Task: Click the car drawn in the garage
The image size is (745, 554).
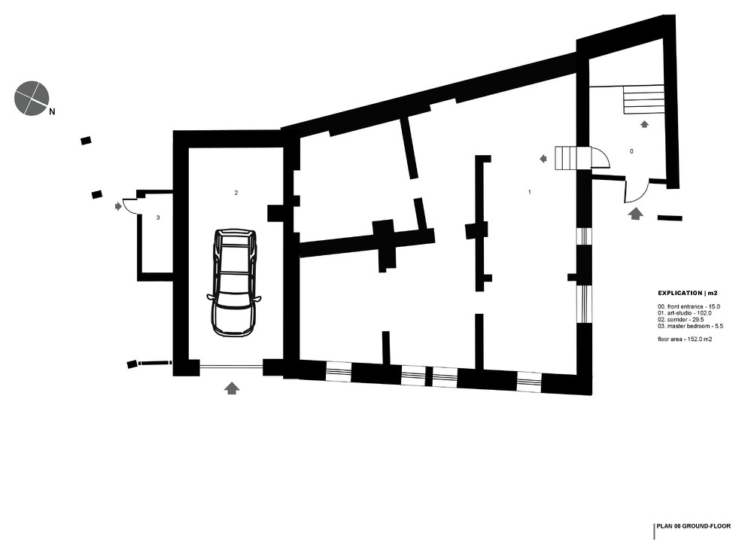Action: (x=234, y=282)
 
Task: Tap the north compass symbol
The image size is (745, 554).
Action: (x=32, y=97)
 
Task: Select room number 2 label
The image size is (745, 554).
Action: (x=236, y=193)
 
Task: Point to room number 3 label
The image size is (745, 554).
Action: (x=157, y=217)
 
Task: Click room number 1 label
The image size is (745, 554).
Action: (x=530, y=193)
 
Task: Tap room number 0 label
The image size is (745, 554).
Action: (x=631, y=151)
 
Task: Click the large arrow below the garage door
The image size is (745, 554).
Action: (x=232, y=388)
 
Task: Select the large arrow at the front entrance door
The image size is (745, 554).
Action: (x=635, y=214)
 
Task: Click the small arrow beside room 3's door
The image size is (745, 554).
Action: (x=117, y=205)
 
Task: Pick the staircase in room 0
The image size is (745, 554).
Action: (x=644, y=99)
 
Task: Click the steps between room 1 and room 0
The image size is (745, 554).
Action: (x=569, y=158)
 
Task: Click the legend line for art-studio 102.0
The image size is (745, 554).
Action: (x=685, y=312)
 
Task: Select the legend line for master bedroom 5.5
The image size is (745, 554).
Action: (x=689, y=325)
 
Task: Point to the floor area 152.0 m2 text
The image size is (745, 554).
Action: (x=685, y=339)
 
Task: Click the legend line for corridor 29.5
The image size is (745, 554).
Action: (x=680, y=319)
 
